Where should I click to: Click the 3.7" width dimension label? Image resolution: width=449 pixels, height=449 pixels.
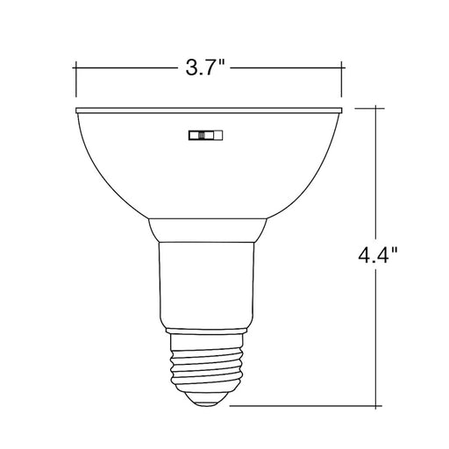click(x=204, y=68)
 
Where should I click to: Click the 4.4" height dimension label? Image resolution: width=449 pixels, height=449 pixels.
click(x=378, y=254)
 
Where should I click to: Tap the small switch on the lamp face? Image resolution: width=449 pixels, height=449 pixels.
click(x=206, y=135)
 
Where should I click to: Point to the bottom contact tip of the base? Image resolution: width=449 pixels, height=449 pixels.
click(x=206, y=404)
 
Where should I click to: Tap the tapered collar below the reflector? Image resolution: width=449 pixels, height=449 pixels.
click(x=207, y=230)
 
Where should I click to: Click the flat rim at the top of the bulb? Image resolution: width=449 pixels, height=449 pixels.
click(x=209, y=110)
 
